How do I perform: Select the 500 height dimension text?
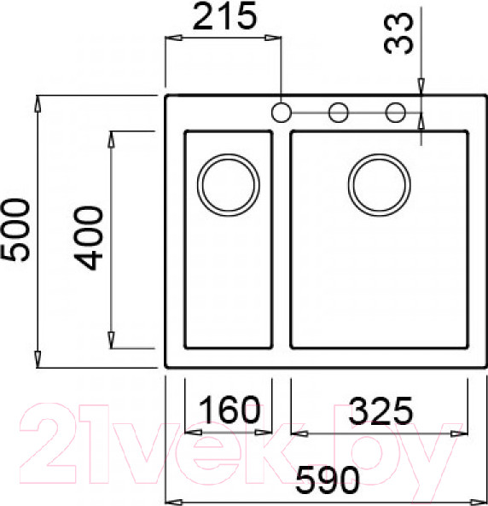(x=15, y=230)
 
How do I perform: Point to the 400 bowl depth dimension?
(x=89, y=238)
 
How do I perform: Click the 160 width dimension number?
(x=229, y=410)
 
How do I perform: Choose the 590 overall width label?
(x=325, y=482)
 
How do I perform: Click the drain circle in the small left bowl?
(x=227, y=184)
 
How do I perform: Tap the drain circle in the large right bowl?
(x=379, y=184)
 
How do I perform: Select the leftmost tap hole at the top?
(x=281, y=112)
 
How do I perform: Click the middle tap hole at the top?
(x=338, y=112)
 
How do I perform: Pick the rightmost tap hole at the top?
(x=395, y=112)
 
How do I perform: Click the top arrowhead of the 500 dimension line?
(x=38, y=103)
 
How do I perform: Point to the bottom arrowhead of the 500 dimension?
(x=38, y=359)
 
